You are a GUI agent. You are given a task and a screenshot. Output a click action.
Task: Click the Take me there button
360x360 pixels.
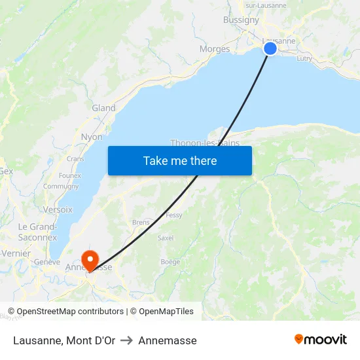179,160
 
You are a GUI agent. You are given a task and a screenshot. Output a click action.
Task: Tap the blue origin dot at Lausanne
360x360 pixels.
270,48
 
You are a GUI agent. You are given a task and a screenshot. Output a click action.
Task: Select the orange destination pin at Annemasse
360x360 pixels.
88,260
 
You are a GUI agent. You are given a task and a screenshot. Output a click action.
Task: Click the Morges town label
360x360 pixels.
215,49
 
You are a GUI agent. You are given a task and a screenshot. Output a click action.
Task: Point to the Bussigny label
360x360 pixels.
241,20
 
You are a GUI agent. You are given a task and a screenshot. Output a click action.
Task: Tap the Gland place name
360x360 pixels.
103,108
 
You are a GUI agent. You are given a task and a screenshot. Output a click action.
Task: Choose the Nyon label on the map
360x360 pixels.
92,137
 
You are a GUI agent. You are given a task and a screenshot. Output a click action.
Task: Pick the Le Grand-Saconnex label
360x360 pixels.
37,232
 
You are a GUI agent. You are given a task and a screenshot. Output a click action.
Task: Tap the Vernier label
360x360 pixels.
16,253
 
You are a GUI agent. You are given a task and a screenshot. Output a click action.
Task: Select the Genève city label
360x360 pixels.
47,262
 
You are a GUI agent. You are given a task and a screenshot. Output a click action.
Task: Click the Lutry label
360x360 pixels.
304,58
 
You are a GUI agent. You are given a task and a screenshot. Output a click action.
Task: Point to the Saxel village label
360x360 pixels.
166,238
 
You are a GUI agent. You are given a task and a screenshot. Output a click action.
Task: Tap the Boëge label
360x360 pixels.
170,262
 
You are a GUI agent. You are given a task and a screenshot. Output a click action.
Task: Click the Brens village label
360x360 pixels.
141,223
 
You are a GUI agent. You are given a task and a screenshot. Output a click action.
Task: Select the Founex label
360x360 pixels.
70,175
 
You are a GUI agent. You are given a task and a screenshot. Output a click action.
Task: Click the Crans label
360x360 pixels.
75,159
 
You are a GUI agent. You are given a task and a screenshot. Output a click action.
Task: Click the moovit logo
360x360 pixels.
321,339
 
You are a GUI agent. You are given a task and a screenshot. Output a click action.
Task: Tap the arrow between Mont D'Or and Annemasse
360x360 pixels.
126,340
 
